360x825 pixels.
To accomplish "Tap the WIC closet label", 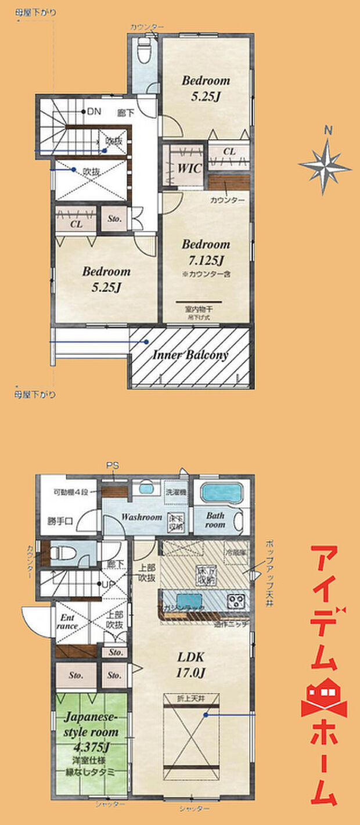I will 189,169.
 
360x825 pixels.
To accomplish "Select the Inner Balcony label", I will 190,355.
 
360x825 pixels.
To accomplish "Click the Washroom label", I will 141,517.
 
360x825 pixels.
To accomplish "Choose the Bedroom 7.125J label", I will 206,251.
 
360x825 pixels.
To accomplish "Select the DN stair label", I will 93,111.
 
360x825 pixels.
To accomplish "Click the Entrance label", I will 68,622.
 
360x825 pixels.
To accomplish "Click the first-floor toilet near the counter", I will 60,553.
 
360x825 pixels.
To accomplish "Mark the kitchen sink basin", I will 185,600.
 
